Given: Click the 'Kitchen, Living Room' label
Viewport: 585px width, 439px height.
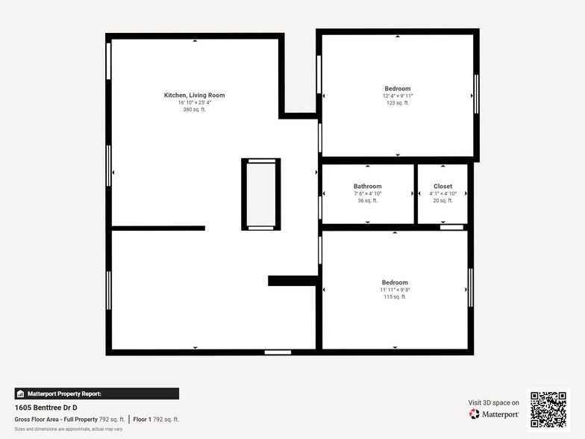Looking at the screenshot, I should pos(194,95).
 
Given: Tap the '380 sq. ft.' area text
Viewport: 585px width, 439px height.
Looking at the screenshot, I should pos(194,110).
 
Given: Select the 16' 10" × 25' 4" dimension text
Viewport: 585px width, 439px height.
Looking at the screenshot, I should pos(194,102).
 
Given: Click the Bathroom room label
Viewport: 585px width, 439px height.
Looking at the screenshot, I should pos(367,186).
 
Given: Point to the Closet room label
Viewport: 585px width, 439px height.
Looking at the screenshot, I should pos(442,186).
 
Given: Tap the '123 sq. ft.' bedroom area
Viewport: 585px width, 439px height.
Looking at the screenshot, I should pos(397,103).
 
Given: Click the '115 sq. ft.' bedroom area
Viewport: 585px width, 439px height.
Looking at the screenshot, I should pos(395,296).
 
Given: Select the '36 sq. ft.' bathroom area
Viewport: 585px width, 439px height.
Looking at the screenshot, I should pos(367,200).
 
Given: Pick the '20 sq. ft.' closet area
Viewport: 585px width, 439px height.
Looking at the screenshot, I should pos(442,200).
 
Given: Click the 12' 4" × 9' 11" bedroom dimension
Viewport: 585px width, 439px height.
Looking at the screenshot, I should pos(397,96).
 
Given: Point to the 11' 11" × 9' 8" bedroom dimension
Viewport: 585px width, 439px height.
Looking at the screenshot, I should pos(395,290).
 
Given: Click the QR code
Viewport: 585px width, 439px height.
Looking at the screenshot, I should pos(548,408).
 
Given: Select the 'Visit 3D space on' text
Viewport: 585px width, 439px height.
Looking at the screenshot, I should pos(493,402).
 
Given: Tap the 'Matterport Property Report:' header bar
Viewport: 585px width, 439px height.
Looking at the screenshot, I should pos(96,393).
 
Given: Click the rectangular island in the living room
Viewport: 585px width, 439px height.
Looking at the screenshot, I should pos(260,194).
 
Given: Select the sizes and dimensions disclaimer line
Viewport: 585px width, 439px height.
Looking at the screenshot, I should pos(68,429).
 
